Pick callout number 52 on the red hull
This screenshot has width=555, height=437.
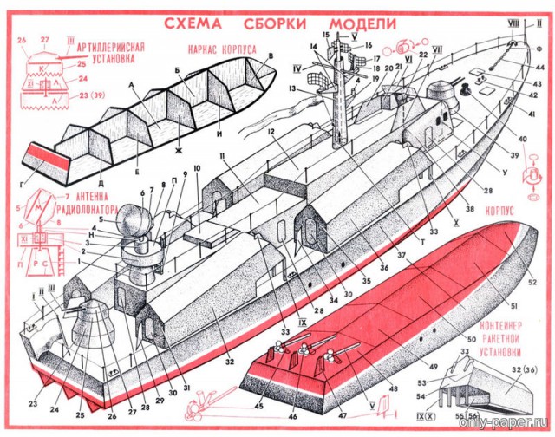(532, 281)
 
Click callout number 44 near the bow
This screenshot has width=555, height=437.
(539, 67)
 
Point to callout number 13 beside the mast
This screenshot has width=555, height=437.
(295, 88)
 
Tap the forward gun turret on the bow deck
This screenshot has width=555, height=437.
(444, 92)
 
